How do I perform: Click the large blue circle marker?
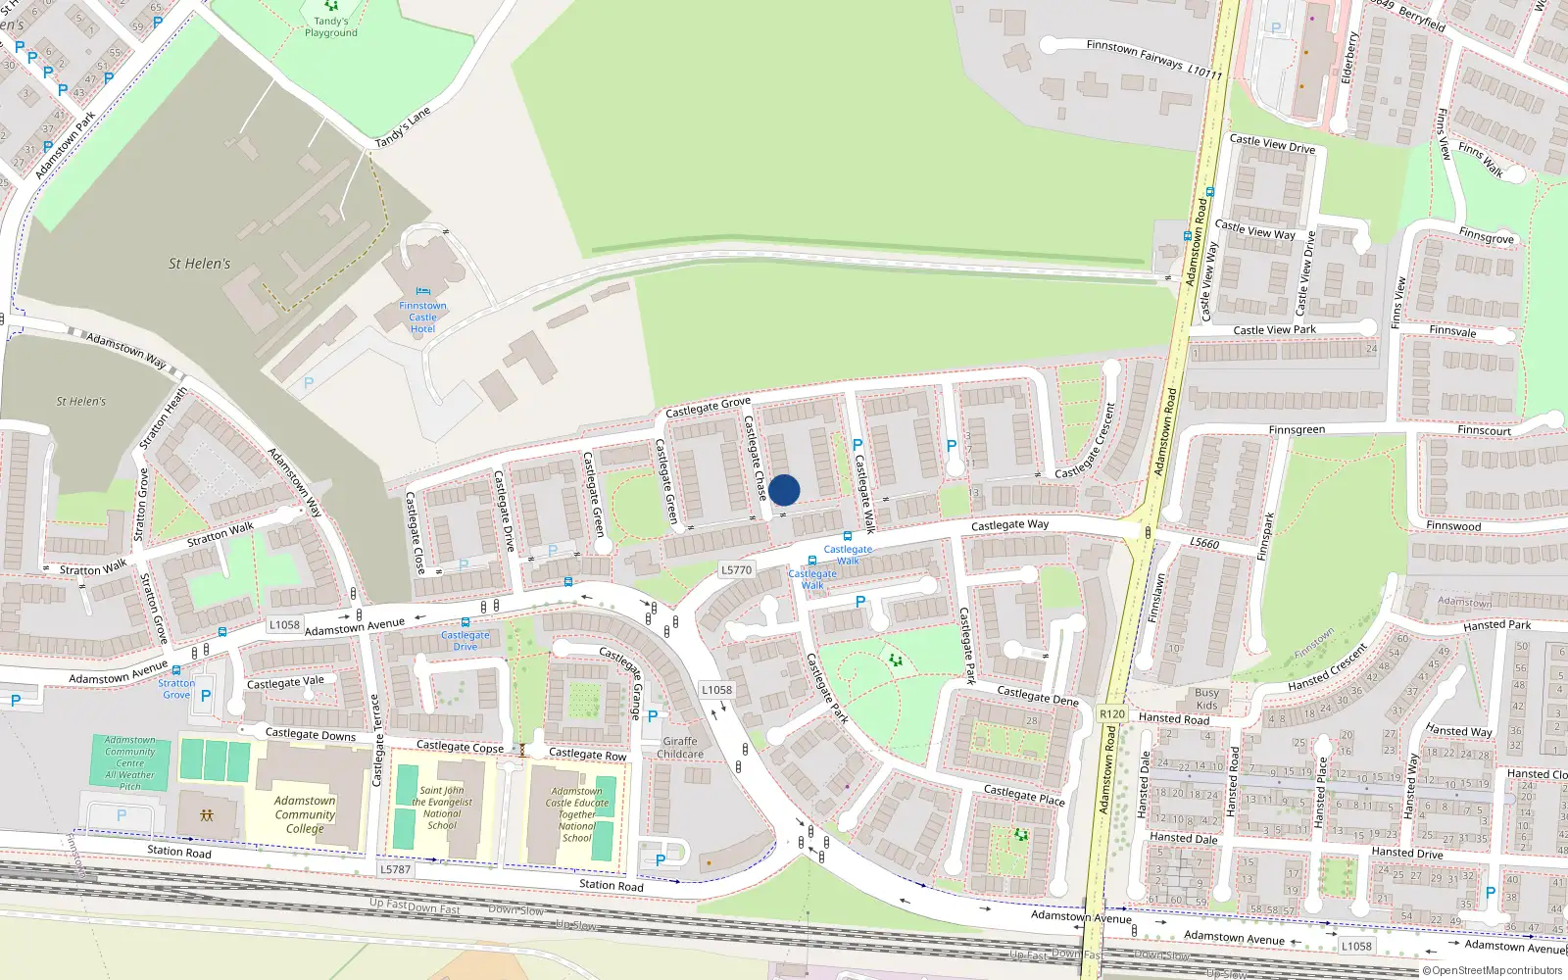(784, 490)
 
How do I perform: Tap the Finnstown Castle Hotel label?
(422, 317)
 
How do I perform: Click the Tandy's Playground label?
(331, 26)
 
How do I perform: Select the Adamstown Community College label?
(305, 814)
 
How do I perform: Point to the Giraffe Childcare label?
(680, 748)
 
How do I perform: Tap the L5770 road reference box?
(736, 569)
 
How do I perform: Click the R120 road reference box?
(1112, 713)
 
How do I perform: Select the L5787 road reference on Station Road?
(395, 868)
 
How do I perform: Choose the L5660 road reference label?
(1204, 543)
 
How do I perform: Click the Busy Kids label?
(1207, 699)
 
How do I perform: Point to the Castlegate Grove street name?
(708, 407)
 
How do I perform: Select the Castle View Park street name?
(1274, 330)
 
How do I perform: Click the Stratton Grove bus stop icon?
(175, 671)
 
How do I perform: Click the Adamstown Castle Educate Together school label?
(576, 814)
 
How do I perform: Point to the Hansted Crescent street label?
(1328, 668)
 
